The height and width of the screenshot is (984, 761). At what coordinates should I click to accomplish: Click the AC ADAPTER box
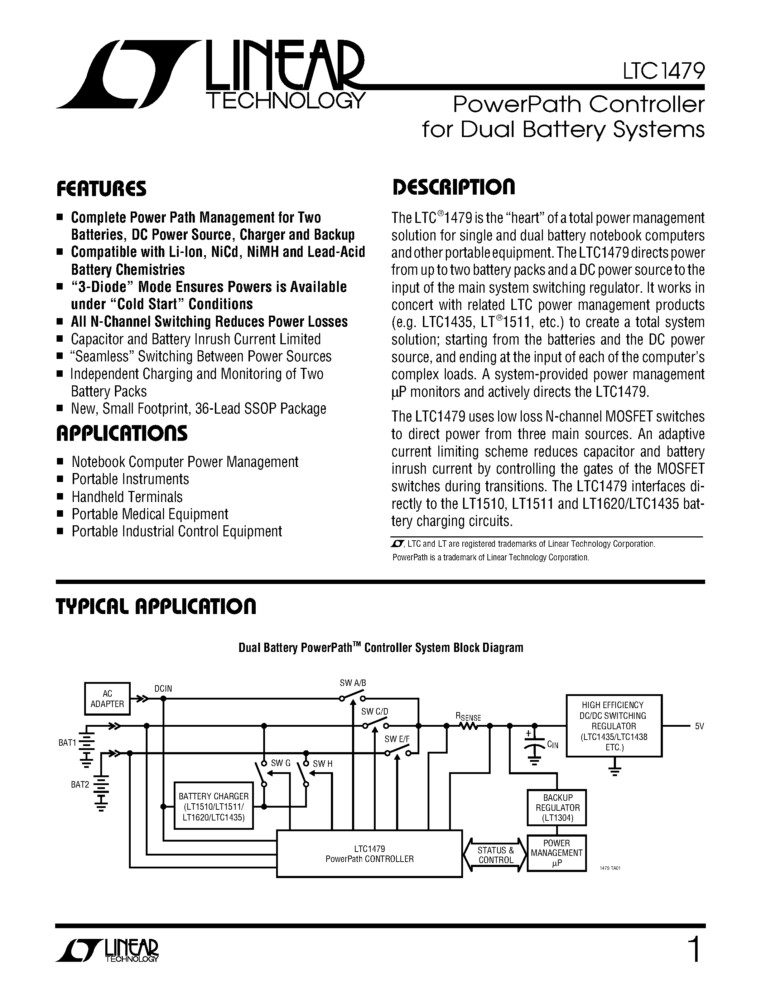(107, 699)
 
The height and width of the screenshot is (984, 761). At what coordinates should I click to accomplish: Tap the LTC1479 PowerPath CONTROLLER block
(369, 854)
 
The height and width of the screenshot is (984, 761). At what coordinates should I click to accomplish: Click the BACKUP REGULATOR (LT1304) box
(557, 808)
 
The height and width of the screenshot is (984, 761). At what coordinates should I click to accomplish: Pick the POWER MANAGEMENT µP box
(557, 853)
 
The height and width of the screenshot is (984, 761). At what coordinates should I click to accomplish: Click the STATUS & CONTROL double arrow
(496, 855)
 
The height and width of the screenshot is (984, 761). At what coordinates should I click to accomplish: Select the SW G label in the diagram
(280, 763)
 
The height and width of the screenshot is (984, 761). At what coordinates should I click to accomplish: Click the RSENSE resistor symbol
(470, 726)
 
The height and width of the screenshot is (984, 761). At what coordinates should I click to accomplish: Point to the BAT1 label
(67, 742)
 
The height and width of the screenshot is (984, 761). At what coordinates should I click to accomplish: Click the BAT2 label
(80, 784)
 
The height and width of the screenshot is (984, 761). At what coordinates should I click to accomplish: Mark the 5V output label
(699, 726)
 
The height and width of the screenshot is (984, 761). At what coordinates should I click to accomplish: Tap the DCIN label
(163, 688)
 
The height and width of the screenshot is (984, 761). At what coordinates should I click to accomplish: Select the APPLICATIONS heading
(122, 433)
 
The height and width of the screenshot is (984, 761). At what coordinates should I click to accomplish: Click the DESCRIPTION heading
(453, 187)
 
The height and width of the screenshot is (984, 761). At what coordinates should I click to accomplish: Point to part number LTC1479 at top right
(664, 71)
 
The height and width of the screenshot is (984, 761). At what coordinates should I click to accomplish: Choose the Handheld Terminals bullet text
(127, 497)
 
